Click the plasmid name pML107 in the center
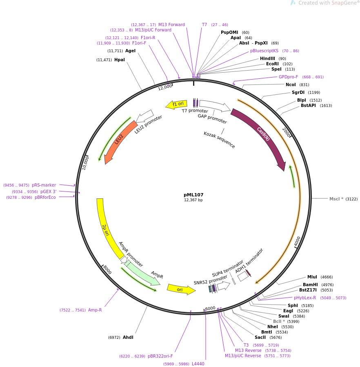(x=193, y=195)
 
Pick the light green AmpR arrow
(x=143, y=272)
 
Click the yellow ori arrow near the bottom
(x=181, y=289)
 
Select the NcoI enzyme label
(x=291, y=85)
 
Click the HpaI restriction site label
(x=120, y=60)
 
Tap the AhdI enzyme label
(x=128, y=337)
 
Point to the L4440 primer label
(x=198, y=364)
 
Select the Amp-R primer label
(x=95, y=310)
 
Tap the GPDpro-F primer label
(x=288, y=77)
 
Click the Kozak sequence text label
(x=219, y=140)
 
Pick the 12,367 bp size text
(x=193, y=200)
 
